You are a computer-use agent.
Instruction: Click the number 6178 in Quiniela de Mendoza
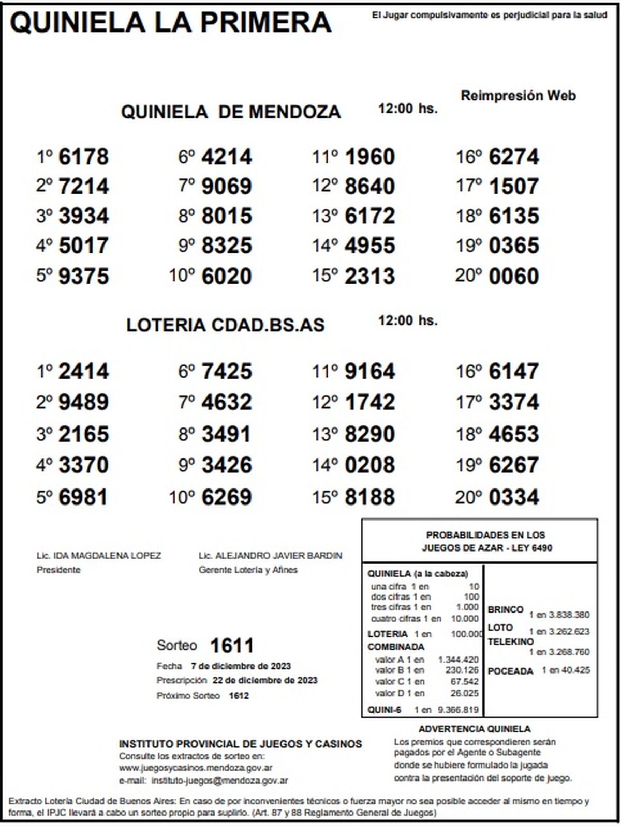[x=83, y=157]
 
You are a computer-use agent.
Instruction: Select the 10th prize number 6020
[x=226, y=276]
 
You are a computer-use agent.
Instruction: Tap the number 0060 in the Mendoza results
[x=513, y=276]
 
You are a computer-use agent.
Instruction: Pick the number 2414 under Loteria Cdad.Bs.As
[x=83, y=371]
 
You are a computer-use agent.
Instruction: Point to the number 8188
[x=369, y=497]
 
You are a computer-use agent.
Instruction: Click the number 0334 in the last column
[x=513, y=497]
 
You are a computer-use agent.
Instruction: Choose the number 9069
[x=226, y=186]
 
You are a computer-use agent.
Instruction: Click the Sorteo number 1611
[x=231, y=646]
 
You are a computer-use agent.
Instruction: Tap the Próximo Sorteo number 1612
[x=239, y=696]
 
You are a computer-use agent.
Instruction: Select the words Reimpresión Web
[x=518, y=96]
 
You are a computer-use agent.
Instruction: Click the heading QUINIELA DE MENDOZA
[x=231, y=112]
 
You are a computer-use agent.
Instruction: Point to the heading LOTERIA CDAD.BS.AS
[x=225, y=325]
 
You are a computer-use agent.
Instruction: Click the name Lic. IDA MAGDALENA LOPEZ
[x=99, y=556]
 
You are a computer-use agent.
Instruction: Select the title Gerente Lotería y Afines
[x=248, y=570]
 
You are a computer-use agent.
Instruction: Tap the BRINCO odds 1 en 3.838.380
[x=559, y=615]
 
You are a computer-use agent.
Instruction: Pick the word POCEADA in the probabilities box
[x=510, y=671]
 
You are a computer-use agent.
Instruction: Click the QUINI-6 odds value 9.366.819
[x=458, y=710]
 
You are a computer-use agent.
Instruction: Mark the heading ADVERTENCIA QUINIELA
[x=474, y=729]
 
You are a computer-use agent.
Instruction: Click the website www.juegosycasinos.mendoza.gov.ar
[x=196, y=768]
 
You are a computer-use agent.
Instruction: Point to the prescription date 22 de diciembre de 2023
[x=265, y=680]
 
